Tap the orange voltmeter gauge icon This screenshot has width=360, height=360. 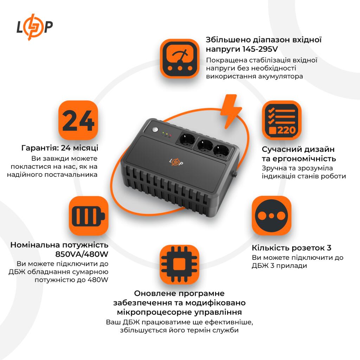pos(180,58)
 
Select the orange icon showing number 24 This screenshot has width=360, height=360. pos(78,120)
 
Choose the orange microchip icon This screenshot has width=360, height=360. pos(180,265)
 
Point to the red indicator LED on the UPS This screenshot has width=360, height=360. pos(170,135)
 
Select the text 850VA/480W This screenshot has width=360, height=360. pos(82,254)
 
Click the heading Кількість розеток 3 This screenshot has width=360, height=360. pos(291,248)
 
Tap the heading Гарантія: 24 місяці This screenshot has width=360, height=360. pos(60,147)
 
